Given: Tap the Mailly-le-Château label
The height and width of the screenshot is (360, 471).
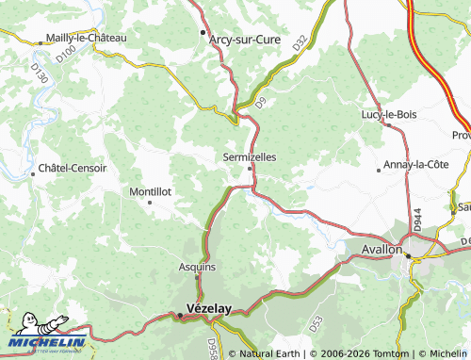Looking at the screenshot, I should coord(85,39).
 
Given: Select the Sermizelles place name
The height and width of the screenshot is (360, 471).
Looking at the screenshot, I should coord(250,157).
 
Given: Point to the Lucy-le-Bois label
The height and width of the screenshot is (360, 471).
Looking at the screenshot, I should coord(388,115).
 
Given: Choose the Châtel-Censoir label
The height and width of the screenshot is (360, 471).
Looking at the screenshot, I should coord(73,169).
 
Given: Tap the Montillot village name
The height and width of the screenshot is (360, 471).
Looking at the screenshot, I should coord(150,191).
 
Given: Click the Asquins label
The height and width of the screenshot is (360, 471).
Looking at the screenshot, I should coord(197,267).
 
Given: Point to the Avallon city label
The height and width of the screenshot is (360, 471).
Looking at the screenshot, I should coord(382,250).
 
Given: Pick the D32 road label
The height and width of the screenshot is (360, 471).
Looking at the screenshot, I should coord(300,43).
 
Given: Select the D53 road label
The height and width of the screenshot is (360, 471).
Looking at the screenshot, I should coord(317,322).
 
